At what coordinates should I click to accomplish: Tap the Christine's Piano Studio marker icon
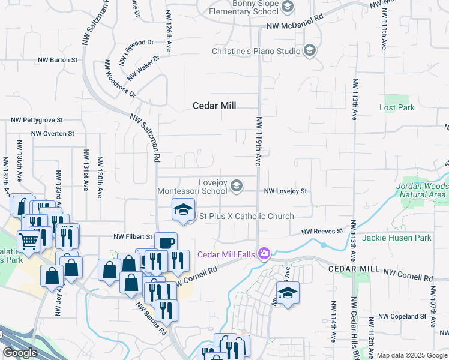(x=310, y=50)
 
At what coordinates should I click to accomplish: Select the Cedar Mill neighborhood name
(x=214, y=106)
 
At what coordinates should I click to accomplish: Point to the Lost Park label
(x=397, y=108)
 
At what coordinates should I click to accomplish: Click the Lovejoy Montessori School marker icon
(x=236, y=185)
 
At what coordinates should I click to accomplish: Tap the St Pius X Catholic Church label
(x=246, y=216)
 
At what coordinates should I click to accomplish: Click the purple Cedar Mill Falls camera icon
(x=263, y=254)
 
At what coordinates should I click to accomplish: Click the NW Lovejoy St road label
(x=286, y=191)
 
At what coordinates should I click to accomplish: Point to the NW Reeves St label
(x=322, y=231)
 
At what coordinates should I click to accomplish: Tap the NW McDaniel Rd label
(x=295, y=26)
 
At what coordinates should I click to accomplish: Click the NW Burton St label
(x=58, y=60)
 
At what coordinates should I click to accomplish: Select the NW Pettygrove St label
(x=37, y=121)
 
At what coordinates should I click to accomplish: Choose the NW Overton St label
(x=52, y=134)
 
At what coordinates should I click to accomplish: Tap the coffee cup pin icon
(x=166, y=242)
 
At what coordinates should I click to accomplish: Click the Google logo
(x=20, y=353)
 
